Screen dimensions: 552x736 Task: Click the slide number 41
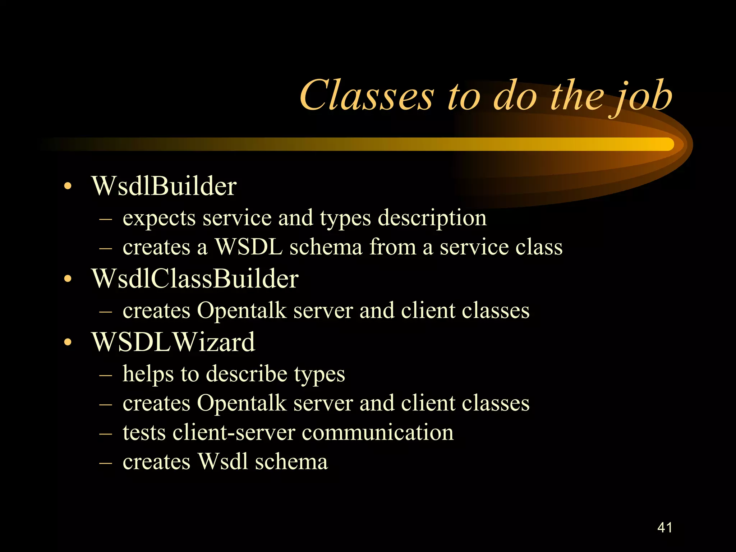click(x=664, y=528)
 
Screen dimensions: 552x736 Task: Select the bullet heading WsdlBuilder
click(x=164, y=186)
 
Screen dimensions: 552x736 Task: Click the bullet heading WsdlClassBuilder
click(x=195, y=279)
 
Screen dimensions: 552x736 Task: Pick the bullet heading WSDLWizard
click(x=173, y=342)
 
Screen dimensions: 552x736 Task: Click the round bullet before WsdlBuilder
click(x=68, y=187)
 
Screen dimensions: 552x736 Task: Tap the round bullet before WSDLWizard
click(x=68, y=343)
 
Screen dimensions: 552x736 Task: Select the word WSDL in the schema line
click(x=248, y=247)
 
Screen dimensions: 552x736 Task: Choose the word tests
click(x=144, y=432)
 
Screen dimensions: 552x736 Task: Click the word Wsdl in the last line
click(x=222, y=462)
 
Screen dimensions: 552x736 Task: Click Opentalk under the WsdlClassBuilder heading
click(x=241, y=311)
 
